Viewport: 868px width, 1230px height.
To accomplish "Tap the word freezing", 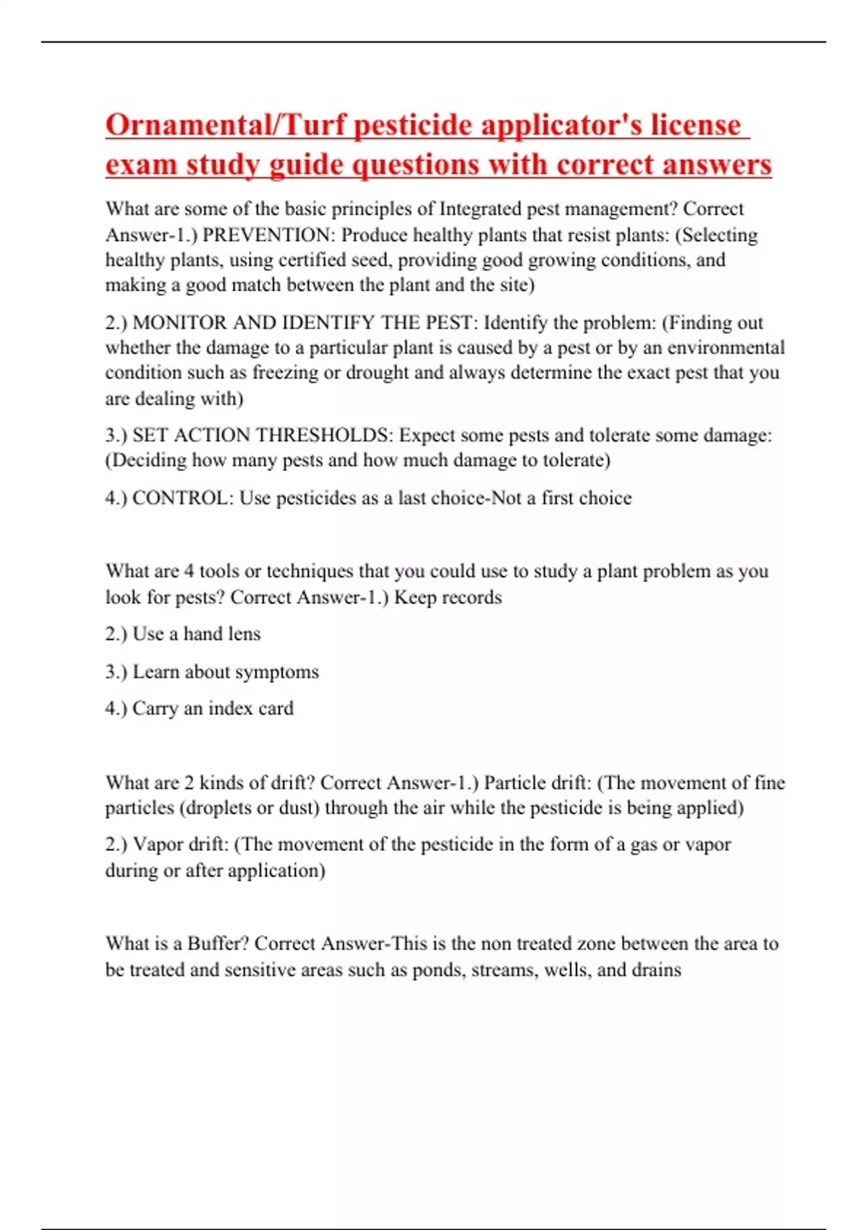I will pyautogui.click(x=280, y=373).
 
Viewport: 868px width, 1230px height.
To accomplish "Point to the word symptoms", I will pyautogui.click(x=281, y=672).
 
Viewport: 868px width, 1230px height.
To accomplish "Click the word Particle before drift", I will pyautogui.click(x=514, y=783).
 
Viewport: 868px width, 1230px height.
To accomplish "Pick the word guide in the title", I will pyautogui.click(x=307, y=165).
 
